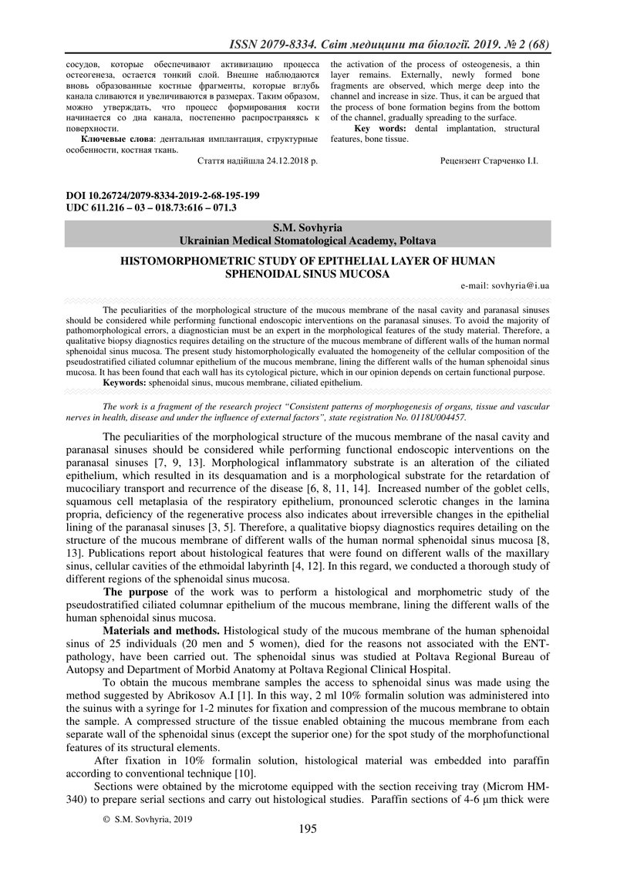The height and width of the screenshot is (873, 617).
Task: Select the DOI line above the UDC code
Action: pyautogui.click(x=163, y=196)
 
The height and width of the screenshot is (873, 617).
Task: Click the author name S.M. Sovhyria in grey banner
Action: pyautogui.click(x=308, y=228)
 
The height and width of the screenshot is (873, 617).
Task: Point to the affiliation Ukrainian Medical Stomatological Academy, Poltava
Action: pyautogui.click(x=308, y=241)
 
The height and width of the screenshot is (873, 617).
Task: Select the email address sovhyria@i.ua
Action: pyautogui.click(x=520, y=285)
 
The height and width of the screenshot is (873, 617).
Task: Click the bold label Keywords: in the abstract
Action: pyautogui.click(x=124, y=382)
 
